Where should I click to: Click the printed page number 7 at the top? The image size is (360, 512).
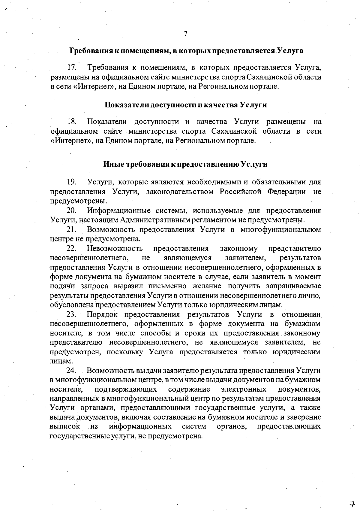(x=185, y=34)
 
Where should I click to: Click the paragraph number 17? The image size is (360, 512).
(x=73, y=68)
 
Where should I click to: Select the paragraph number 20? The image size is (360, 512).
(x=72, y=211)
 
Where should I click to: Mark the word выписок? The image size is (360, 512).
(x=65, y=427)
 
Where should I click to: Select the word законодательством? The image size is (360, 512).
(x=180, y=192)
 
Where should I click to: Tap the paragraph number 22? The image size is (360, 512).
(x=72, y=249)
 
